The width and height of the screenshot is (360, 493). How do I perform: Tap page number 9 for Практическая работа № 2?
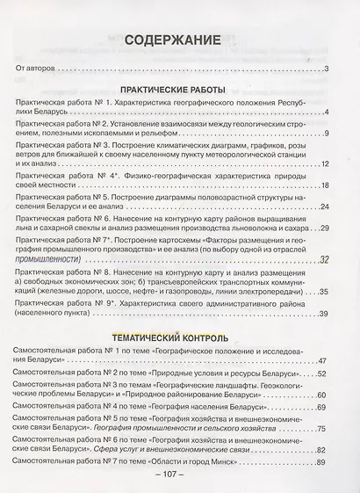pos(325,134)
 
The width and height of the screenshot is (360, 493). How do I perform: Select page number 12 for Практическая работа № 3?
pos(322,163)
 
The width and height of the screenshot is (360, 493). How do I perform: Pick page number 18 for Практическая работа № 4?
pos(322,187)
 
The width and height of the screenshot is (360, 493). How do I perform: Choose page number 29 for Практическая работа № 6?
pos(322,229)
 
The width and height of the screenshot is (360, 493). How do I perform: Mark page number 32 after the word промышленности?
pos(322,258)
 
